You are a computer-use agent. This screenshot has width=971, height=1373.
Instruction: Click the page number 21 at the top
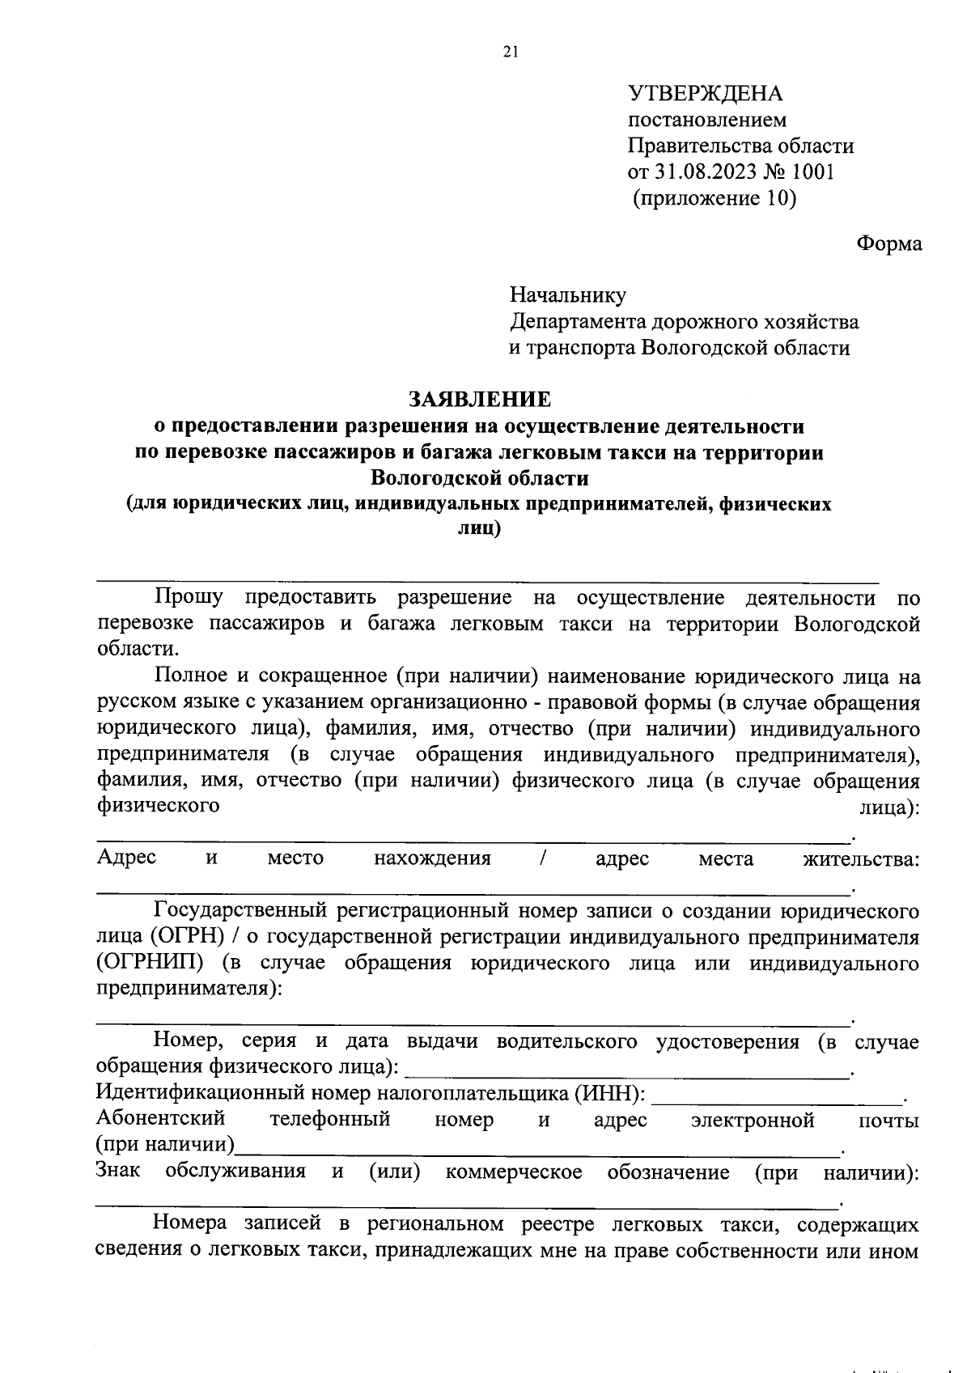point(510,53)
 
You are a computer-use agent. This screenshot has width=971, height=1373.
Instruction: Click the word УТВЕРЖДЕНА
point(706,94)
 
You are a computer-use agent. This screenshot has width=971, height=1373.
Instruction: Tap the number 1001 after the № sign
point(812,172)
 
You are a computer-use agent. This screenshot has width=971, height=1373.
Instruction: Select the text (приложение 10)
point(714,198)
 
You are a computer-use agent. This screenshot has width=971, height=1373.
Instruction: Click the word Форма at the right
point(888,244)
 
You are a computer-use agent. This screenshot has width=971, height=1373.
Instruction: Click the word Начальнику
point(567,296)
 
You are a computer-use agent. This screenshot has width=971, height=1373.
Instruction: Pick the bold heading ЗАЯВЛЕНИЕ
point(479,400)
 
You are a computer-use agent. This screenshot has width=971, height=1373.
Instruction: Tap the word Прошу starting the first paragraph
point(189,598)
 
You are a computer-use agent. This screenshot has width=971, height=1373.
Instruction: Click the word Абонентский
point(160,1120)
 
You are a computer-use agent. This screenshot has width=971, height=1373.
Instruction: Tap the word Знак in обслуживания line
point(118,1172)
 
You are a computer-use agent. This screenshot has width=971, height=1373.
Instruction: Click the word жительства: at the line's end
point(860,858)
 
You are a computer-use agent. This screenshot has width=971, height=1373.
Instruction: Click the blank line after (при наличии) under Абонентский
point(538,1148)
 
